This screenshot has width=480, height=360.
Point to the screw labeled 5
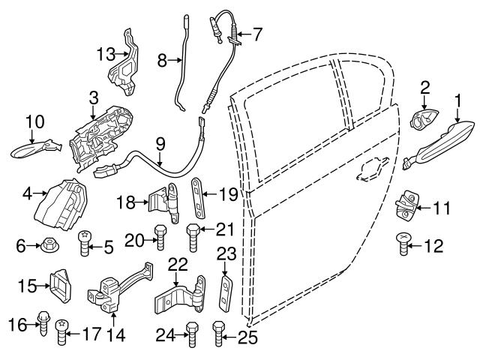84,244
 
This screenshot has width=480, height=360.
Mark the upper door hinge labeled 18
164,201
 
